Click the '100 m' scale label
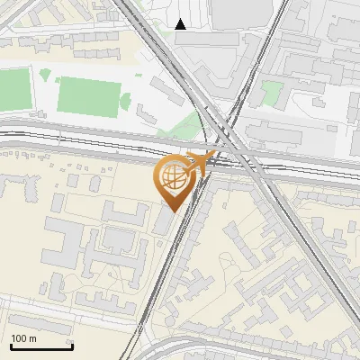tap(24, 338)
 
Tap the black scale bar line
tap(41, 347)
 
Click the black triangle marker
tap(181, 24)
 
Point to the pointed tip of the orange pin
tap(172, 210)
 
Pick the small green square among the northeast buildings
tap(273, 91)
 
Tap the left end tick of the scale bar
tap(11, 346)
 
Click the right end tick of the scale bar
tap(72, 346)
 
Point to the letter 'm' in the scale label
tap(33, 338)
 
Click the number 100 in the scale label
tap(19, 338)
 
